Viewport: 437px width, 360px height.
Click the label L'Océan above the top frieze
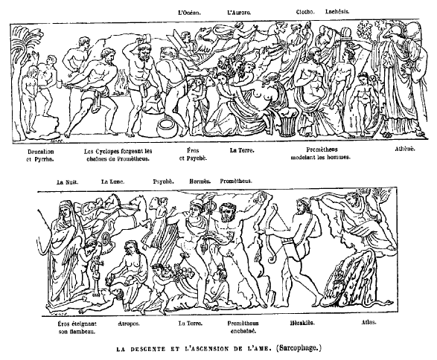pos(189,13)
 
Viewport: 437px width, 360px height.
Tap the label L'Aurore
pos(239,13)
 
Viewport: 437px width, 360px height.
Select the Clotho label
pos(305,12)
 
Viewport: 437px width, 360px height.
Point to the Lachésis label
pos(337,12)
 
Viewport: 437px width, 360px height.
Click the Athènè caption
pos(405,149)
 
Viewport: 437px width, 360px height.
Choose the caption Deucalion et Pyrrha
pos(41,155)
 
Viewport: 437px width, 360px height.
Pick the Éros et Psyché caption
pos(193,154)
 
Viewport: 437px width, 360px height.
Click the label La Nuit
pos(67,182)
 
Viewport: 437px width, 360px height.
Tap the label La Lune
pos(112,181)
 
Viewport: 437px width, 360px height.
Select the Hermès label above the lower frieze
pos(200,181)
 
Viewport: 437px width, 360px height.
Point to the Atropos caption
pos(129,324)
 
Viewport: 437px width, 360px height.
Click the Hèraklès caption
pos(302,323)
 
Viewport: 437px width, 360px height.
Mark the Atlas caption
pos(369,322)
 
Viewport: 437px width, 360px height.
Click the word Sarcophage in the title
pos(299,348)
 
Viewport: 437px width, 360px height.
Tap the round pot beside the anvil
pos(166,127)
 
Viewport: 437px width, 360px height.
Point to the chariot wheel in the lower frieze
pos(106,238)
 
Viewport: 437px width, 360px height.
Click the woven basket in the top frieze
pos(289,122)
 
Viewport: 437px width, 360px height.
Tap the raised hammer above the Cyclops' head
pos(147,36)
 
